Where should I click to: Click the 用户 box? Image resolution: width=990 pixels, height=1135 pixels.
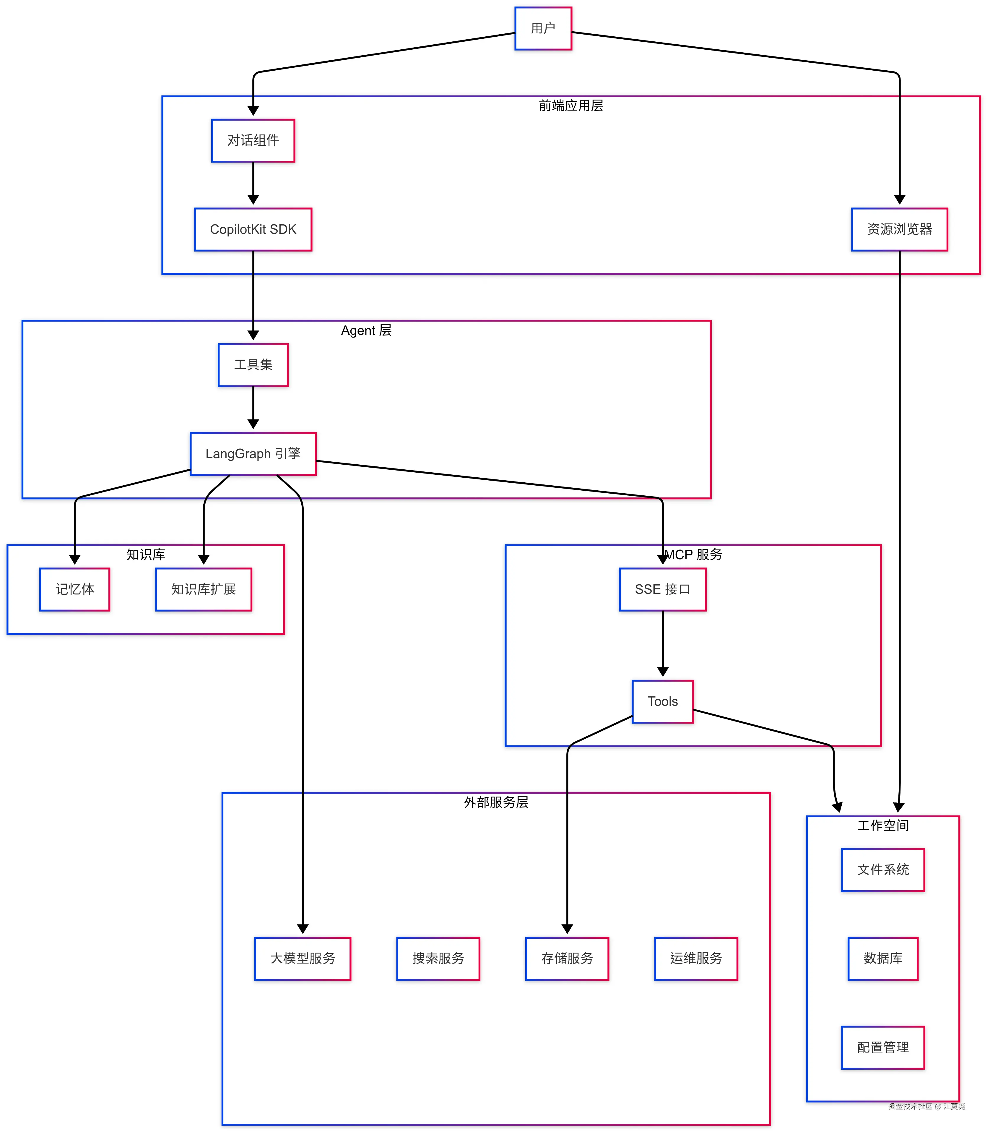coord(543,28)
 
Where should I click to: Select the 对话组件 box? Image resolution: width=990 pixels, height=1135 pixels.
coord(253,140)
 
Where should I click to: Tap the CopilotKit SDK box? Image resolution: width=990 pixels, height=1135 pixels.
coord(253,229)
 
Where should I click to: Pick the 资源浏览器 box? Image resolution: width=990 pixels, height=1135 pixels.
coord(899,229)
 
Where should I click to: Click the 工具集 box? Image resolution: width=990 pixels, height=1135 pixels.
coord(253,365)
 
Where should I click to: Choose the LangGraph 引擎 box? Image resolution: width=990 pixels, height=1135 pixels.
coord(253,454)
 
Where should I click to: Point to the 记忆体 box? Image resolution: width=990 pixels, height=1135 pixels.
coord(74,589)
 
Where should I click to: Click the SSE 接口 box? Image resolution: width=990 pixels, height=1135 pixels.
coord(662,589)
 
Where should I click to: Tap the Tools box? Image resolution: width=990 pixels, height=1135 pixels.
coord(662,701)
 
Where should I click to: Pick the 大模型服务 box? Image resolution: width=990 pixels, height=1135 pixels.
coord(303,958)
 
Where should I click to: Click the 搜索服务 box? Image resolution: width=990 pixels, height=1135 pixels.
coord(438,958)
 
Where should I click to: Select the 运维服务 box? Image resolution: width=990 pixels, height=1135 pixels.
coord(696,958)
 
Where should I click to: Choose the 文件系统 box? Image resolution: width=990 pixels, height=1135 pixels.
coord(883,870)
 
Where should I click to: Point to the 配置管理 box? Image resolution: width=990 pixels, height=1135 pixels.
coord(883,1047)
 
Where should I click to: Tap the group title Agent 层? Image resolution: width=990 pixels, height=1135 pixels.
coord(366,330)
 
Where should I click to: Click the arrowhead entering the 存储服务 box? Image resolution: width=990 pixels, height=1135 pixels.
coord(567,929)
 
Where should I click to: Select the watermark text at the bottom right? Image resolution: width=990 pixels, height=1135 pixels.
coord(926,1106)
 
